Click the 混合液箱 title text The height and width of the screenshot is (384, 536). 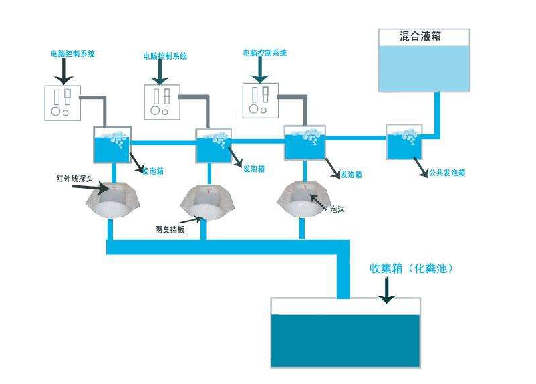click(x=420, y=37)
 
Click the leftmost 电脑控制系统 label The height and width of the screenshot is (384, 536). click(x=73, y=54)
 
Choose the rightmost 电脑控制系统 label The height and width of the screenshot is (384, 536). click(x=265, y=52)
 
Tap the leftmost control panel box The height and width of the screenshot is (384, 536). click(x=63, y=102)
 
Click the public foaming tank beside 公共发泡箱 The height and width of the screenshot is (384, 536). click(x=404, y=142)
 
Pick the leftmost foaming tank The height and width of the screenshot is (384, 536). click(x=111, y=145)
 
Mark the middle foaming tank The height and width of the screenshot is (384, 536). click(x=213, y=147)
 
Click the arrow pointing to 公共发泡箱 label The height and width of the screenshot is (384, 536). click(x=420, y=166)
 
